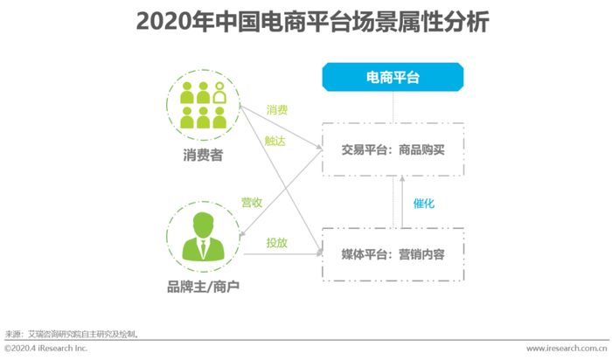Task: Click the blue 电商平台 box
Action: tap(393, 78)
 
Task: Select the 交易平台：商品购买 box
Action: tap(393, 149)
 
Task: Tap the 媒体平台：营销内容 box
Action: tap(393, 253)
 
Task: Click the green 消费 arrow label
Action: tap(277, 111)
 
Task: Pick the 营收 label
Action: tap(252, 203)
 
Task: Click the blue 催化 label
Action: tap(424, 203)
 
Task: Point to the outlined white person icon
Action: tap(219, 92)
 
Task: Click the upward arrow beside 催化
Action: tap(401, 201)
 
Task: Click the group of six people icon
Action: tap(202, 104)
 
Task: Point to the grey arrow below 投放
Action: tap(280, 253)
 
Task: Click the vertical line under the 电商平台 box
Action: tap(393, 106)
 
